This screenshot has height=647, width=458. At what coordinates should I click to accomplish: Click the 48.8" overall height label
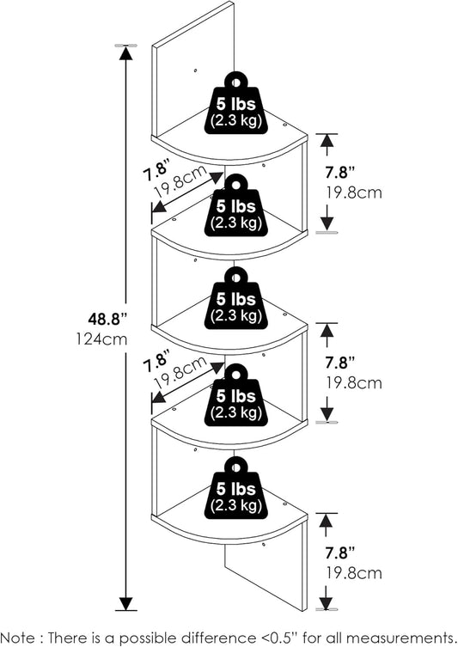(x=107, y=319)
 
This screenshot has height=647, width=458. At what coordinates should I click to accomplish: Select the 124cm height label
(x=101, y=339)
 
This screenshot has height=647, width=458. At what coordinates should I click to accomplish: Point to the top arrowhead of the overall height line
(x=125, y=52)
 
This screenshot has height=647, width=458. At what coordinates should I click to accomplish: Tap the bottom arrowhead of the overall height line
(x=125, y=603)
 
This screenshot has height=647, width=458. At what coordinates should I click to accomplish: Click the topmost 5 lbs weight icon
(x=236, y=103)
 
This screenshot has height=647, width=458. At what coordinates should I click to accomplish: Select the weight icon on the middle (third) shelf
(x=236, y=298)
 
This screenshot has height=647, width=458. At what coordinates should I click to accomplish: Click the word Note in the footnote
(x=18, y=638)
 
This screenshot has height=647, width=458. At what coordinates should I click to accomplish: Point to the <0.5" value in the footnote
(x=281, y=638)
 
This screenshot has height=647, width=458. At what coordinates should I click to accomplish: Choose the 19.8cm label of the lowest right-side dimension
(x=354, y=573)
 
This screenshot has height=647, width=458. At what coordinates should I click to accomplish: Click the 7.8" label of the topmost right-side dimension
(x=340, y=172)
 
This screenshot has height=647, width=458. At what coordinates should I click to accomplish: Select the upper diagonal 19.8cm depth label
(x=180, y=182)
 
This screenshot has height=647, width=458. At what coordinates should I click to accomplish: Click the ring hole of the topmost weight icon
(x=236, y=83)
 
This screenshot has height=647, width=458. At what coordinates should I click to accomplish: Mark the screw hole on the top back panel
(x=196, y=70)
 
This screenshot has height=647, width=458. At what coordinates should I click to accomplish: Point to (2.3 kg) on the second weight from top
(x=236, y=223)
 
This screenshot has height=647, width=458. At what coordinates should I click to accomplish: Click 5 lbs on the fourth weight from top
(x=236, y=396)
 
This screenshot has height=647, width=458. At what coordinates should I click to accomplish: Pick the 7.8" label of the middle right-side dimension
(x=340, y=363)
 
